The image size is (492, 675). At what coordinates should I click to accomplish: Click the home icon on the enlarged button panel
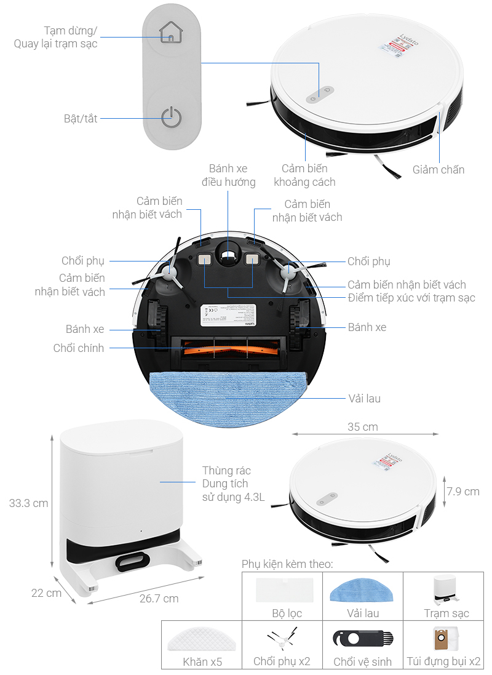pyautogui.click(x=171, y=33)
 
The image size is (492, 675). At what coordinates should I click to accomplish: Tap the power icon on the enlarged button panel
pyautogui.click(x=171, y=117)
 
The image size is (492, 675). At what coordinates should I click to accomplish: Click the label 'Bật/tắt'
pyautogui.click(x=81, y=118)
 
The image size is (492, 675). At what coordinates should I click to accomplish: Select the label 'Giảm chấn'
pyautogui.click(x=438, y=170)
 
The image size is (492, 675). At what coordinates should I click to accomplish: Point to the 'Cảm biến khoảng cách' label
pyautogui.click(x=304, y=175)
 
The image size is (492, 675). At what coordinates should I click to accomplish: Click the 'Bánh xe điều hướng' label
pyautogui.click(x=228, y=175)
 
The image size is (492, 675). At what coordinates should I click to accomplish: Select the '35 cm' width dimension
pyautogui.click(x=362, y=426)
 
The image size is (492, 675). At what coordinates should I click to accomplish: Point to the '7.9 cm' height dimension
pyautogui.click(x=463, y=491)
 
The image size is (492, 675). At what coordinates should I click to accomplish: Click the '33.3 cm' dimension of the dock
pyautogui.click(x=28, y=503)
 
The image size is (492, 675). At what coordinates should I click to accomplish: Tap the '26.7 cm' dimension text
pyautogui.click(x=159, y=598)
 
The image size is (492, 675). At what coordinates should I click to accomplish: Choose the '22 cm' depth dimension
pyautogui.click(x=47, y=593)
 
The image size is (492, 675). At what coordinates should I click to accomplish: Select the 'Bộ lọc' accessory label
pyautogui.click(x=287, y=613)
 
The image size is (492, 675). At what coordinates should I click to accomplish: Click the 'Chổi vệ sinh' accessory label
pyautogui.click(x=362, y=661)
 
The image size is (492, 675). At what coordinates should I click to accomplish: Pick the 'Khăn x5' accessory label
pyautogui.click(x=202, y=661)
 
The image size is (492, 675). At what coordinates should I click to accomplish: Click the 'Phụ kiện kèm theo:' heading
pyautogui.click(x=287, y=564)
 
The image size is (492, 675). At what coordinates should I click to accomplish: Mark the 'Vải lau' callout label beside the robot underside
pyautogui.click(x=364, y=398)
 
